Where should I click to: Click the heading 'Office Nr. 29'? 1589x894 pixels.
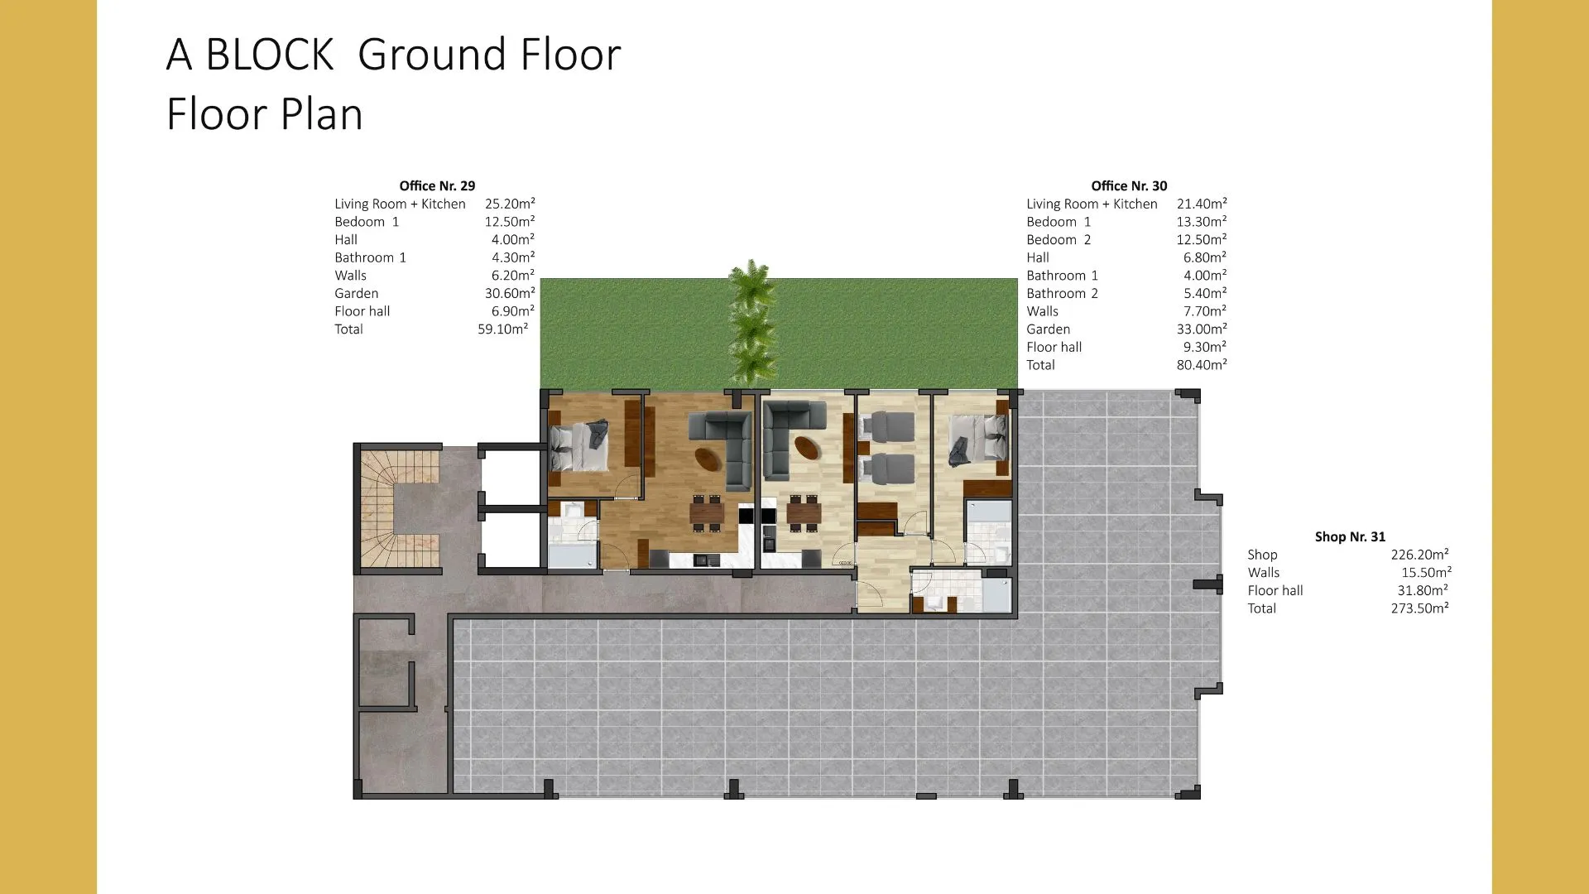pyautogui.click(x=437, y=185)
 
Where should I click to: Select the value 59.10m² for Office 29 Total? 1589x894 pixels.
pyautogui.click(x=502, y=329)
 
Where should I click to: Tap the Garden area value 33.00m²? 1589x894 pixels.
pyautogui.click(x=1202, y=329)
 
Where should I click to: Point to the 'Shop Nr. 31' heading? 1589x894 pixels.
pyautogui.click(x=1350, y=536)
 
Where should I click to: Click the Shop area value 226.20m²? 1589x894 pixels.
pyautogui.click(x=1419, y=555)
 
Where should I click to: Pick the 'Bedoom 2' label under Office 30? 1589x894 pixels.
pyautogui.click(x=1059, y=239)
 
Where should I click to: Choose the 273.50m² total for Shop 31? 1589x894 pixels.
pyautogui.click(x=1419, y=608)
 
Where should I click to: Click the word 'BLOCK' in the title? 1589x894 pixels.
pyautogui.click(x=269, y=55)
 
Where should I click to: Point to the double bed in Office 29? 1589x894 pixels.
pyautogui.click(x=579, y=447)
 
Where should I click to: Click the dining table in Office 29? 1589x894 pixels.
pyautogui.click(x=707, y=513)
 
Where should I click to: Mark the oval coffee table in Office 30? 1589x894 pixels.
pyautogui.click(x=808, y=448)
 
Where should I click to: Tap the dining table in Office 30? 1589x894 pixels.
pyautogui.click(x=804, y=513)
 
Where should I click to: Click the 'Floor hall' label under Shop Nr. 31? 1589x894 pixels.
pyautogui.click(x=1275, y=590)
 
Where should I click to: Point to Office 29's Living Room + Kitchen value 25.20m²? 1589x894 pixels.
pyautogui.click(x=510, y=204)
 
